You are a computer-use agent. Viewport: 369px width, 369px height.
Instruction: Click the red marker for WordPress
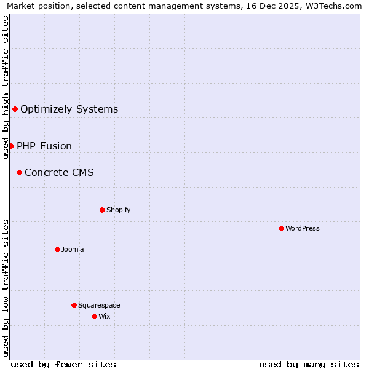pos(281,228)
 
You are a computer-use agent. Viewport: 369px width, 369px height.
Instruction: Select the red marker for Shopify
pos(102,210)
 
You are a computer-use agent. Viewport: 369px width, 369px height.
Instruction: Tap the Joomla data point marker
pos(57,249)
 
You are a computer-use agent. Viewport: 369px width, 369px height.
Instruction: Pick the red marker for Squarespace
pos(74,305)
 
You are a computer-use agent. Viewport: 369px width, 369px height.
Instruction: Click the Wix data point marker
pos(94,316)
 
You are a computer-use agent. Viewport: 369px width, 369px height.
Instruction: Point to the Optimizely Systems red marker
pos(15,109)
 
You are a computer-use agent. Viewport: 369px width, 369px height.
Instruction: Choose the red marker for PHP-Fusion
pos(11,146)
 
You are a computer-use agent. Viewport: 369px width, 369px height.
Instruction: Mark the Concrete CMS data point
pos(19,173)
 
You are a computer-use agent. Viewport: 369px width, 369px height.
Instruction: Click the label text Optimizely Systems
pos(69,109)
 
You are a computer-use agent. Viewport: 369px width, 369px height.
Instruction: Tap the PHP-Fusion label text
pos(44,146)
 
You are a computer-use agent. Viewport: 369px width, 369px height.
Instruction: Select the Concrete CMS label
pos(59,173)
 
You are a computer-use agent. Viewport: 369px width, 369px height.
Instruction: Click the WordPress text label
pos(303,228)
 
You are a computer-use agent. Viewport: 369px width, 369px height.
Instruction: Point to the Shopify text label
pos(119,210)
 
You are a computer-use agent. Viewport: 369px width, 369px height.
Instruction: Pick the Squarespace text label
pos(99,305)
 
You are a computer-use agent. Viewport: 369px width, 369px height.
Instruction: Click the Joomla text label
pos(73,249)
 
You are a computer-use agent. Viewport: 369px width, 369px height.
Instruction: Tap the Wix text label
pos(104,316)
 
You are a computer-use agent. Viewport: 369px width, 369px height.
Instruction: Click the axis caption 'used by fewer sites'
pos(63,364)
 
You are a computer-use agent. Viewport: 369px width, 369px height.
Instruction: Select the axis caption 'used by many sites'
pos(309,364)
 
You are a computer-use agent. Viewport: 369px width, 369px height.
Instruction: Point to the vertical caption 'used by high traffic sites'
pos(6,87)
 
